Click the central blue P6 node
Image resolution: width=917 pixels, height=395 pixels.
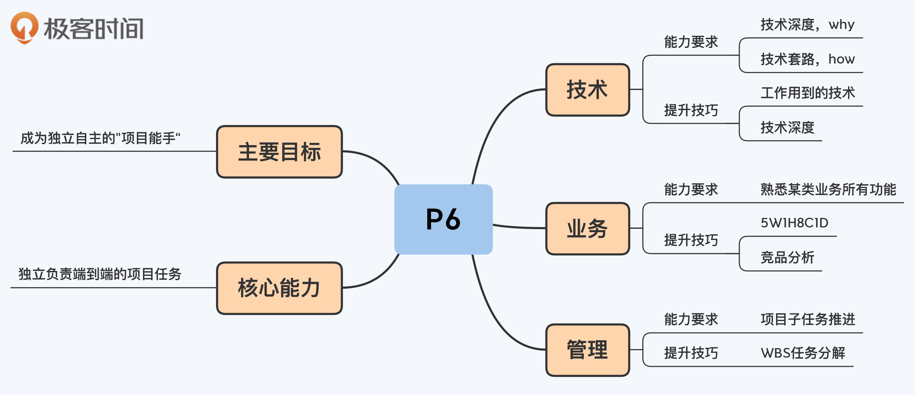click(x=443, y=219)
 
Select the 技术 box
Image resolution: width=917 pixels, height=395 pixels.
click(x=587, y=90)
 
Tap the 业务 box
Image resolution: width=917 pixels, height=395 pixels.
click(x=587, y=228)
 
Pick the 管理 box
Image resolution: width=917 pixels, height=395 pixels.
click(x=587, y=350)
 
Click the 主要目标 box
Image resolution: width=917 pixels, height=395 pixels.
click(x=280, y=152)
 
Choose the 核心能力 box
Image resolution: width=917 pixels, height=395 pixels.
click(x=280, y=288)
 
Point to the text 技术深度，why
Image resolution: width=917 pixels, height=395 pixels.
click(x=807, y=25)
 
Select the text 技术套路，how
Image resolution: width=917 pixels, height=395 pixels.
click(x=807, y=59)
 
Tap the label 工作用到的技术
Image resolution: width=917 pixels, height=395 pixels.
click(x=807, y=93)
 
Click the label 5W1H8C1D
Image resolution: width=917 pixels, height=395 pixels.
click(x=794, y=223)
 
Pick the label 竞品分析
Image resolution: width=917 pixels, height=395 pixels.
click(x=787, y=257)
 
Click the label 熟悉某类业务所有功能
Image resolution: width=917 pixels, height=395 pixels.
click(x=828, y=189)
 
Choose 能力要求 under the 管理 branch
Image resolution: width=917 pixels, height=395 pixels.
click(x=690, y=319)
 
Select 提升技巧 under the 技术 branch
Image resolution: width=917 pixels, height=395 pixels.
click(x=690, y=110)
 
